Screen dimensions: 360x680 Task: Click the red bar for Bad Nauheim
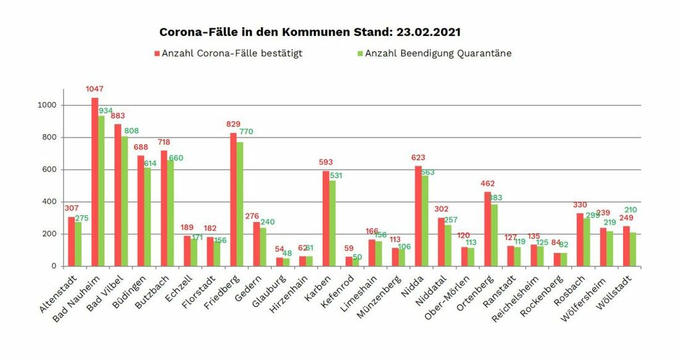tap(94, 182)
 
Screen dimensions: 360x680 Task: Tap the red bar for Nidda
tap(418, 216)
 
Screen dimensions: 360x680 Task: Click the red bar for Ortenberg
tap(487, 229)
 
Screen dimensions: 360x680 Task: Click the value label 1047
tap(94, 88)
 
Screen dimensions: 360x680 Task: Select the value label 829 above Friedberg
tap(233, 124)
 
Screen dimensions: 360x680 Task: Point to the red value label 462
tap(488, 182)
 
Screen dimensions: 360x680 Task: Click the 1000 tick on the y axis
tap(48, 106)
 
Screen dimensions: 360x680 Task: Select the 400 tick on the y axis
tap(50, 202)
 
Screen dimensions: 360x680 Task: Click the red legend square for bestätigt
tap(157, 53)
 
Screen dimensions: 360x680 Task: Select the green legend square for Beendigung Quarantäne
tap(360, 53)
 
